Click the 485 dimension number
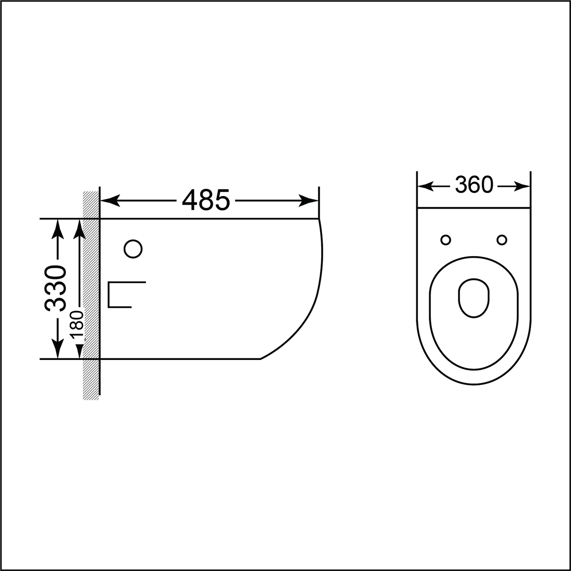205,200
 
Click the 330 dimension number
55,288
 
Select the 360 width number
474,185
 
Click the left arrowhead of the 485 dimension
110,201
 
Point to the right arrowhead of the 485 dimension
309,201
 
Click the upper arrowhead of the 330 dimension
57,229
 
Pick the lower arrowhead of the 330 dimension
57,349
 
